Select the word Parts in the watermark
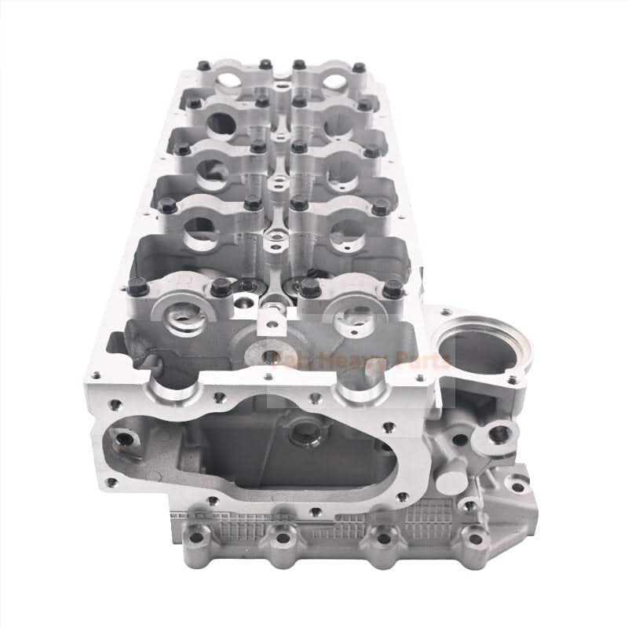(424, 361)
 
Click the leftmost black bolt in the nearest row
(141, 288)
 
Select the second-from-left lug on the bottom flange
(281, 539)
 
